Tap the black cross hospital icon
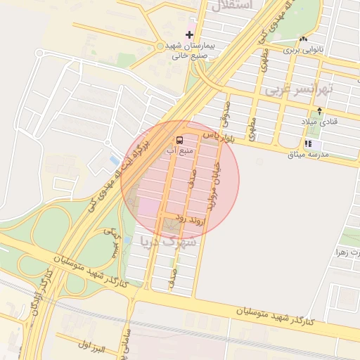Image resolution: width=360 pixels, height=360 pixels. click(190, 34)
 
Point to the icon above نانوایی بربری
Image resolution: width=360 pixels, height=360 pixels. click(304, 40)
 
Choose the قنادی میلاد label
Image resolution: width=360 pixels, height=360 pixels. click(320, 122)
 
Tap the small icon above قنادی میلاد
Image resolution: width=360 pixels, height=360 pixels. click(320, 111)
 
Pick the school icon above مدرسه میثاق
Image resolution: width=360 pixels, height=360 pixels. click(308, 143)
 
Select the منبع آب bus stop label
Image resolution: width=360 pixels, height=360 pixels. click(176, 149)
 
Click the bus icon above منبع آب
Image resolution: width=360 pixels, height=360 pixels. click(179, 139)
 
